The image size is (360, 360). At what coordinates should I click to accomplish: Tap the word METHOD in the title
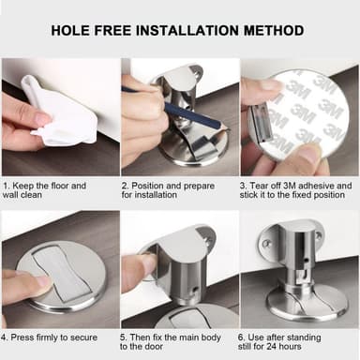(x=274, y=31)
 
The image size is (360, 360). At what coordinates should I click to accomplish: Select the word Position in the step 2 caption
(x=148, y=186)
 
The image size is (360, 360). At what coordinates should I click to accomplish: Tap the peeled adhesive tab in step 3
(x=260, y=123)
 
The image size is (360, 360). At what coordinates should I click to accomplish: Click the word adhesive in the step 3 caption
(x=316, y=186)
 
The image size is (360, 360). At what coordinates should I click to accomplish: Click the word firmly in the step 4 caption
(x=47, y=337)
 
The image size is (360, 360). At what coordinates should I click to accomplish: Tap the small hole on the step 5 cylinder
(x=194, y=290)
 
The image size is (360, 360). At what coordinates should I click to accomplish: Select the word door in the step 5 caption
(x=154, y=347)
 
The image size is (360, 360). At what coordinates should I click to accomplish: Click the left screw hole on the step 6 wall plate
(x=266, y=243)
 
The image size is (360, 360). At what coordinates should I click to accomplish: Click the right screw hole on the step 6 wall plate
(x=319, y=235)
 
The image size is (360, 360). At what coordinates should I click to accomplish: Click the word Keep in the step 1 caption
(x=22, y=186)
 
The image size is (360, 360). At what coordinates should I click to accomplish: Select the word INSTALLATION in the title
(x=187, y=31)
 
